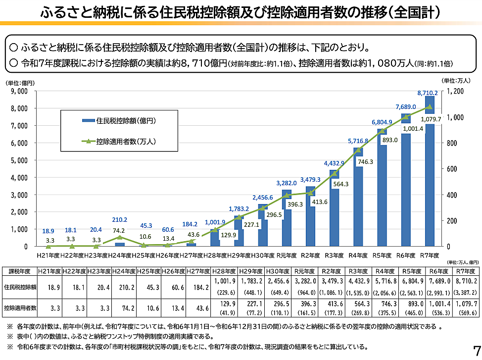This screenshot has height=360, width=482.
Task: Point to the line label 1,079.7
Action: [x=430, y=119]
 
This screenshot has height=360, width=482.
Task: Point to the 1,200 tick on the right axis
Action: [x=455, y=91]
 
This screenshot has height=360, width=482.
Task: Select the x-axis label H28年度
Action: [x=214, y=256]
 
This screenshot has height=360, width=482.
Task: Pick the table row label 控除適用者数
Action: [x=20, y=308]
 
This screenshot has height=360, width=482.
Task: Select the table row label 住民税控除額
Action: [x=20, y=287]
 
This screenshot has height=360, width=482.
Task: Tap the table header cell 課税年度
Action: [x=20, y=271]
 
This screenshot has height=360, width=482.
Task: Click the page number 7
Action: [x=476, y=349]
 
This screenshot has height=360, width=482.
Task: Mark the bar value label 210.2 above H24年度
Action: [x=120, y=220]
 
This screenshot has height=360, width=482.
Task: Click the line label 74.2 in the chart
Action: [x=120, y=231]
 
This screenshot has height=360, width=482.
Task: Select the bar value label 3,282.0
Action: [x=287, y=182]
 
